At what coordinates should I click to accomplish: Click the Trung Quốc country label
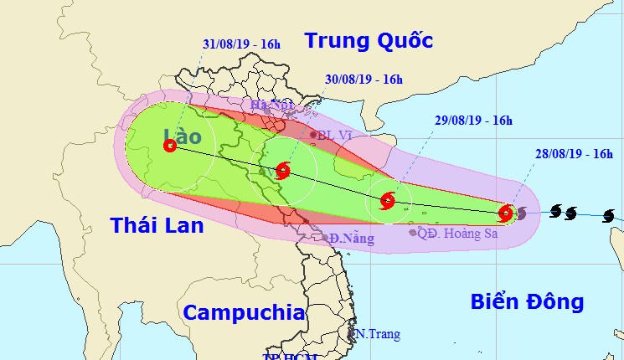click(369, 40)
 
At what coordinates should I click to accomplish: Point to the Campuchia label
click(243, 313)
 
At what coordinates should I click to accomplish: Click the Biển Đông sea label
click(526, 301)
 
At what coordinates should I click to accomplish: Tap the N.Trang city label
click(377, 334)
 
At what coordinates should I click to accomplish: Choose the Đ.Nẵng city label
click(350, 239)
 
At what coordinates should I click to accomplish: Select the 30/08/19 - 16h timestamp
click(363, 80)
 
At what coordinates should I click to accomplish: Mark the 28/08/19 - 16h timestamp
click(573, 153)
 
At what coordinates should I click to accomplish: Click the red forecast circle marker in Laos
click(170, 145)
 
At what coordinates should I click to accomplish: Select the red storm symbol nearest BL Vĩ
click(282, 170)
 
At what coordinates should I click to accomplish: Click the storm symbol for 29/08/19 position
click(387, 200)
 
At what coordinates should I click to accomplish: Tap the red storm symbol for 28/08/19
click(506, 213)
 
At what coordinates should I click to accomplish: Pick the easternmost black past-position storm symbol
click(608, 216)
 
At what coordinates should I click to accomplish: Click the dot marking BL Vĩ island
click(314, 134)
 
